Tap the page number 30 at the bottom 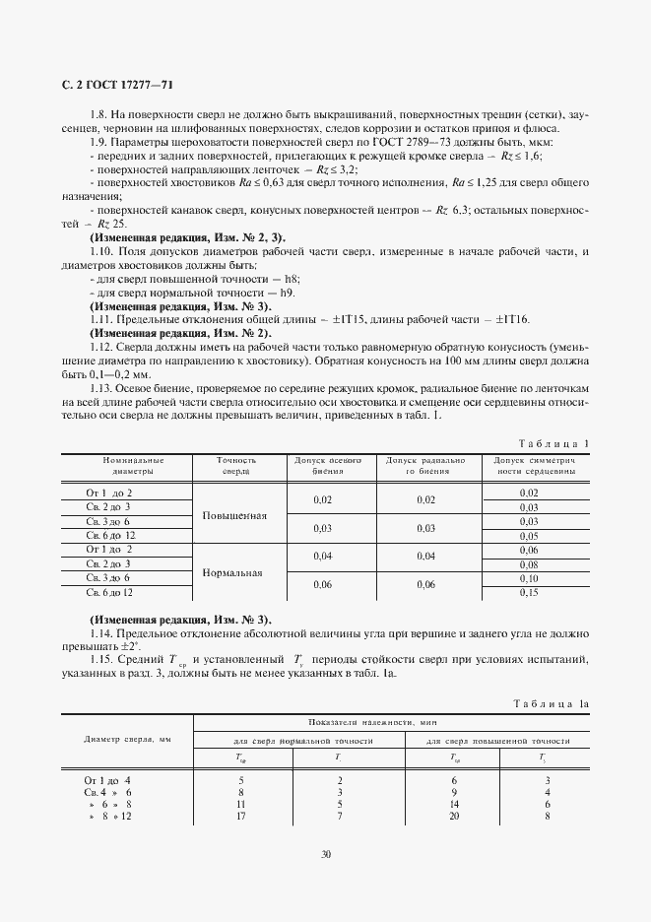point(325,854)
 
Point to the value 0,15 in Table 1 point(529,593)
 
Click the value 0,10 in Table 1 point(529,578)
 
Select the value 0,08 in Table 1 point(529,563)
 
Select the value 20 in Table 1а point(455,817)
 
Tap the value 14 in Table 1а point(455,804)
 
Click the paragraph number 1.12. point(102,348)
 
